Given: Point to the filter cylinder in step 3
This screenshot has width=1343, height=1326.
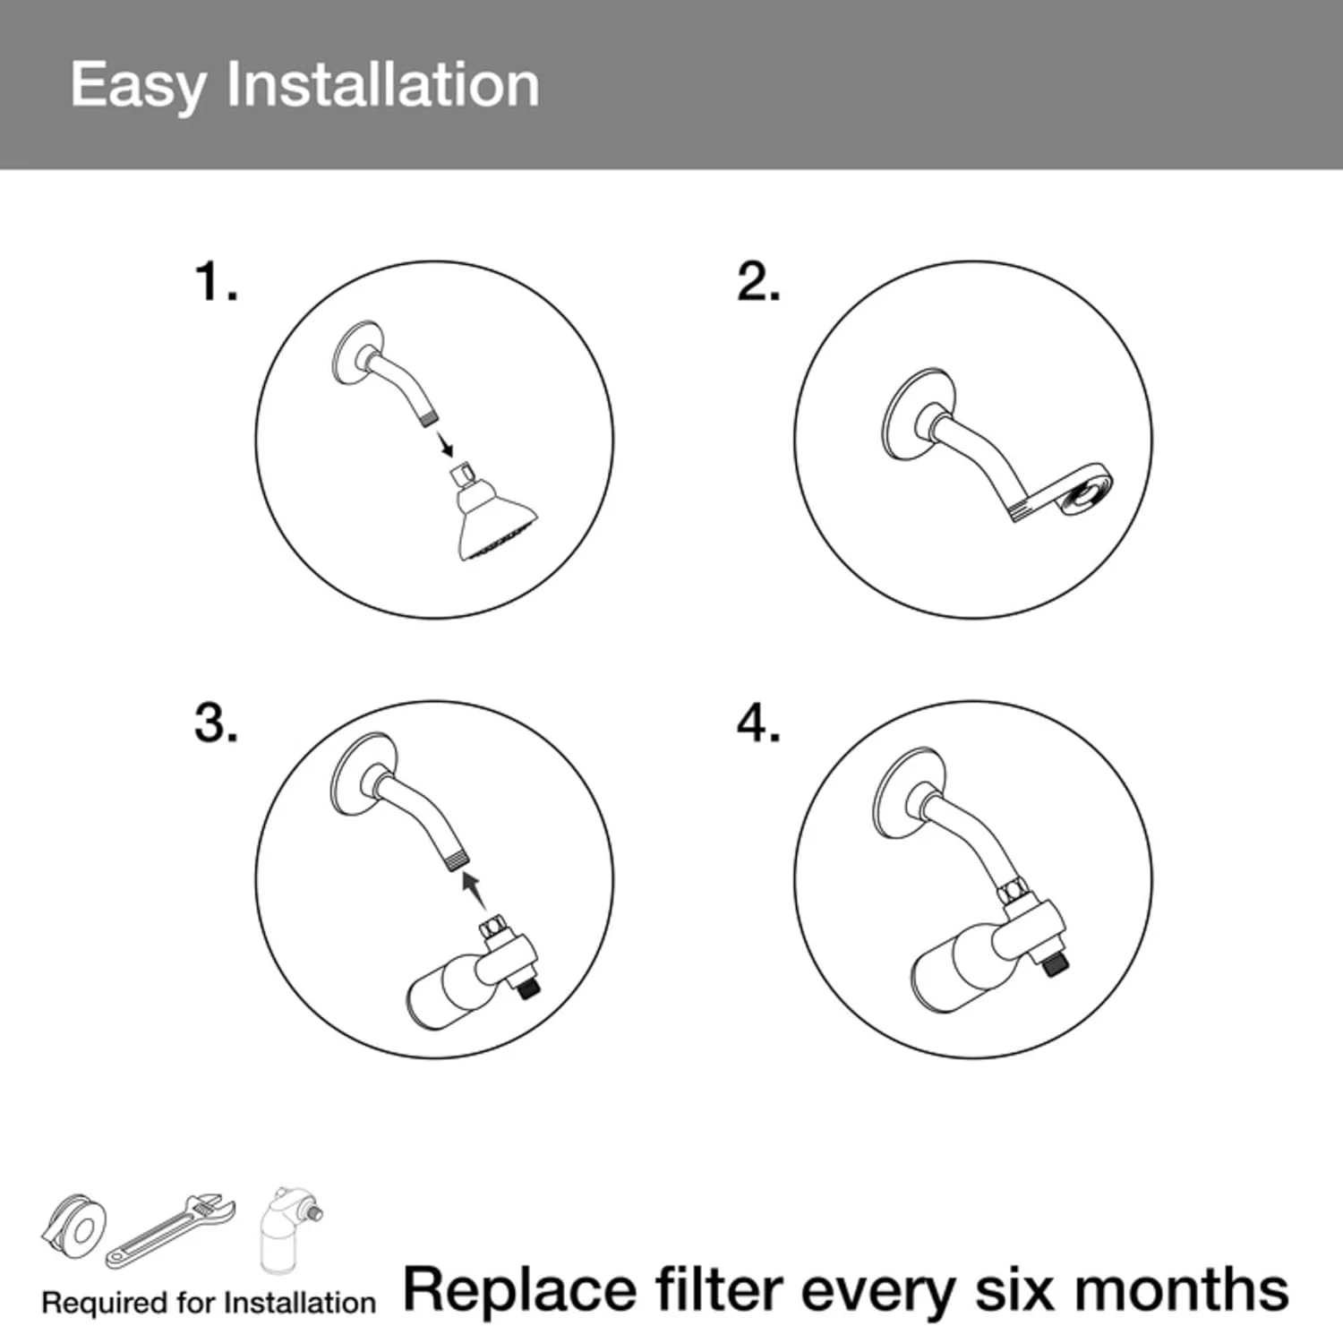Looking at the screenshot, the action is pos(447,993).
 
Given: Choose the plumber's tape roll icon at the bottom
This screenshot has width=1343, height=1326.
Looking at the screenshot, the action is pos(74,1228).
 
